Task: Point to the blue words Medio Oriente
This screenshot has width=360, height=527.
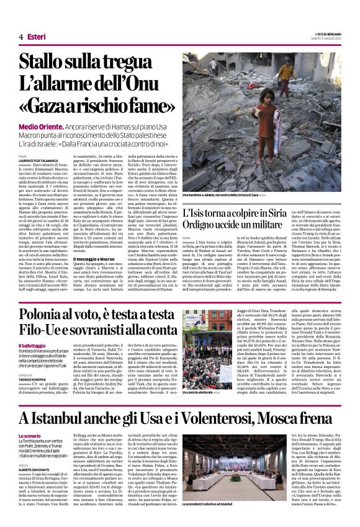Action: [40, 126]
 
